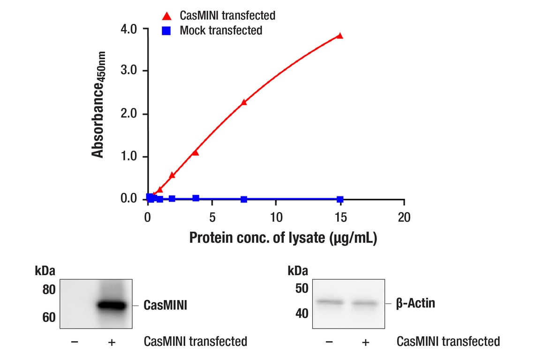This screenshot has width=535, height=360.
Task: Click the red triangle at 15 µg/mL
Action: click(x=340, y=36)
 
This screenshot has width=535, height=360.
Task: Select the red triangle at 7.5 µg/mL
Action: click(x=244, y=102)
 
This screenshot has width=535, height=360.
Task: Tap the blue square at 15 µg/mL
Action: click(x=340, y=199)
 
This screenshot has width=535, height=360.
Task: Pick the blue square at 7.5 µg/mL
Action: click(x=244, y=199)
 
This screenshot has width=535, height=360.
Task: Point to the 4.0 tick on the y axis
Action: click(x=128, y=29)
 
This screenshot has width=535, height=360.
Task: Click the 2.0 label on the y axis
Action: click(x=128, y=114)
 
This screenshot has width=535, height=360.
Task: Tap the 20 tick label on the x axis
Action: click(x=404, y=217)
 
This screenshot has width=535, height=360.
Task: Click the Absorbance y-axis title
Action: click(x=98, y=105)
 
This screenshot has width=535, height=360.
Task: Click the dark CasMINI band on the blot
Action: click(x=112, y=306)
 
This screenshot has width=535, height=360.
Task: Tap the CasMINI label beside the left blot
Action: click(x=166, y=306)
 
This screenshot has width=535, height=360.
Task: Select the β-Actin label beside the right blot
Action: click(x=415, y=303)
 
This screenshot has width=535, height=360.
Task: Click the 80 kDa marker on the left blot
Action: click(x=49, y=290)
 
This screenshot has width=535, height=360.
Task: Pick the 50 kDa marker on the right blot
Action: click(x=301, y=288)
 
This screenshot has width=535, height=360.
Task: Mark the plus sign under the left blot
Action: click(x=112, y=342)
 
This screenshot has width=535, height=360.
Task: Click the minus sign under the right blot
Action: click(x=329, y=342)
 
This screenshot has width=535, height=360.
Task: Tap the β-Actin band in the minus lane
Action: click(x=330, y=302)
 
